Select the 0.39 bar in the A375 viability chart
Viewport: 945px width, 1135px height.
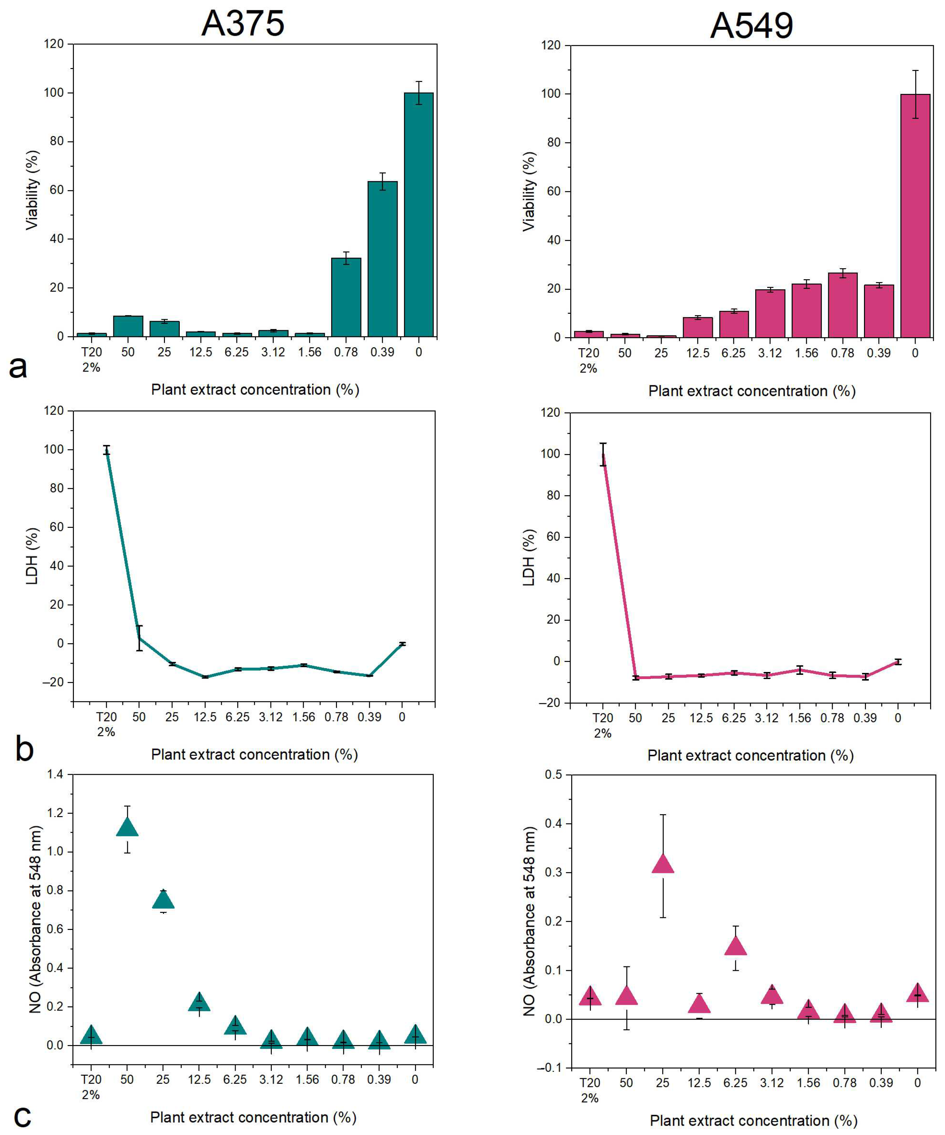click(382, 260)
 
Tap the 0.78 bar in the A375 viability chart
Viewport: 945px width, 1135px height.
click(346, 297)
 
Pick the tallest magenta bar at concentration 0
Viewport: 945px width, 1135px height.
click(915, 216)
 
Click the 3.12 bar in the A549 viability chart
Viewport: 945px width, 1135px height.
click(770, 313)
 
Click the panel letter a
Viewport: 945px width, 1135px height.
click(18, 368)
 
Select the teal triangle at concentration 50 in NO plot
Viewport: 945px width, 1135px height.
click(127, 827)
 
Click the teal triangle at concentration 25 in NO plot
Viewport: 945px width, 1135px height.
click(163, 900)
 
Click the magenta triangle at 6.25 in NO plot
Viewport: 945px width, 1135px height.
click(735, 946)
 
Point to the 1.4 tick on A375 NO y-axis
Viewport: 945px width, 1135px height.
click(55, 774)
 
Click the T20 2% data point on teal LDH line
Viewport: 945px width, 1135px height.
click(107, 450)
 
